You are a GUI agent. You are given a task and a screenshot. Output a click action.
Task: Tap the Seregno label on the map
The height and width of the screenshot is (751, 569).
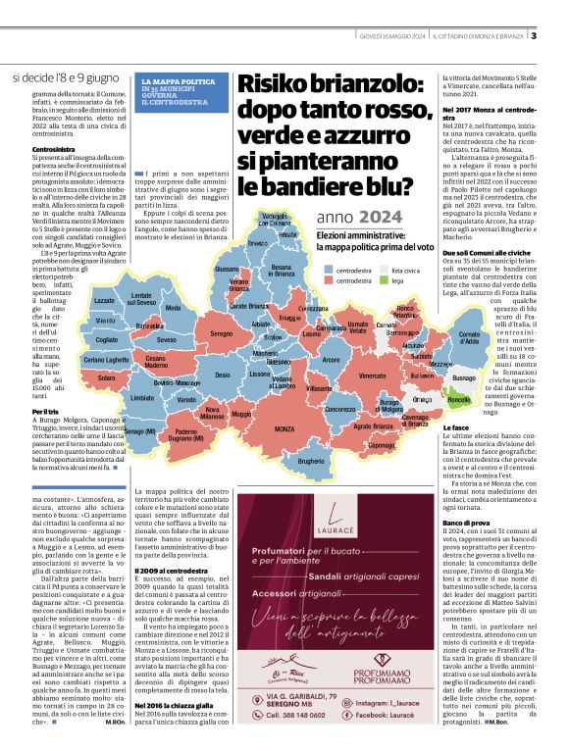pyautogui.click(x=222, y=334)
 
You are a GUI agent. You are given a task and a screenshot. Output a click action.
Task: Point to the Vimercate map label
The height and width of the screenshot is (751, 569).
pyautogui.click(x=372, y=375)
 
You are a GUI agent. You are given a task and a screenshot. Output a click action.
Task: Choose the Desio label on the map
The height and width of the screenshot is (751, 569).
pyautogui.click(x=223, y=375)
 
